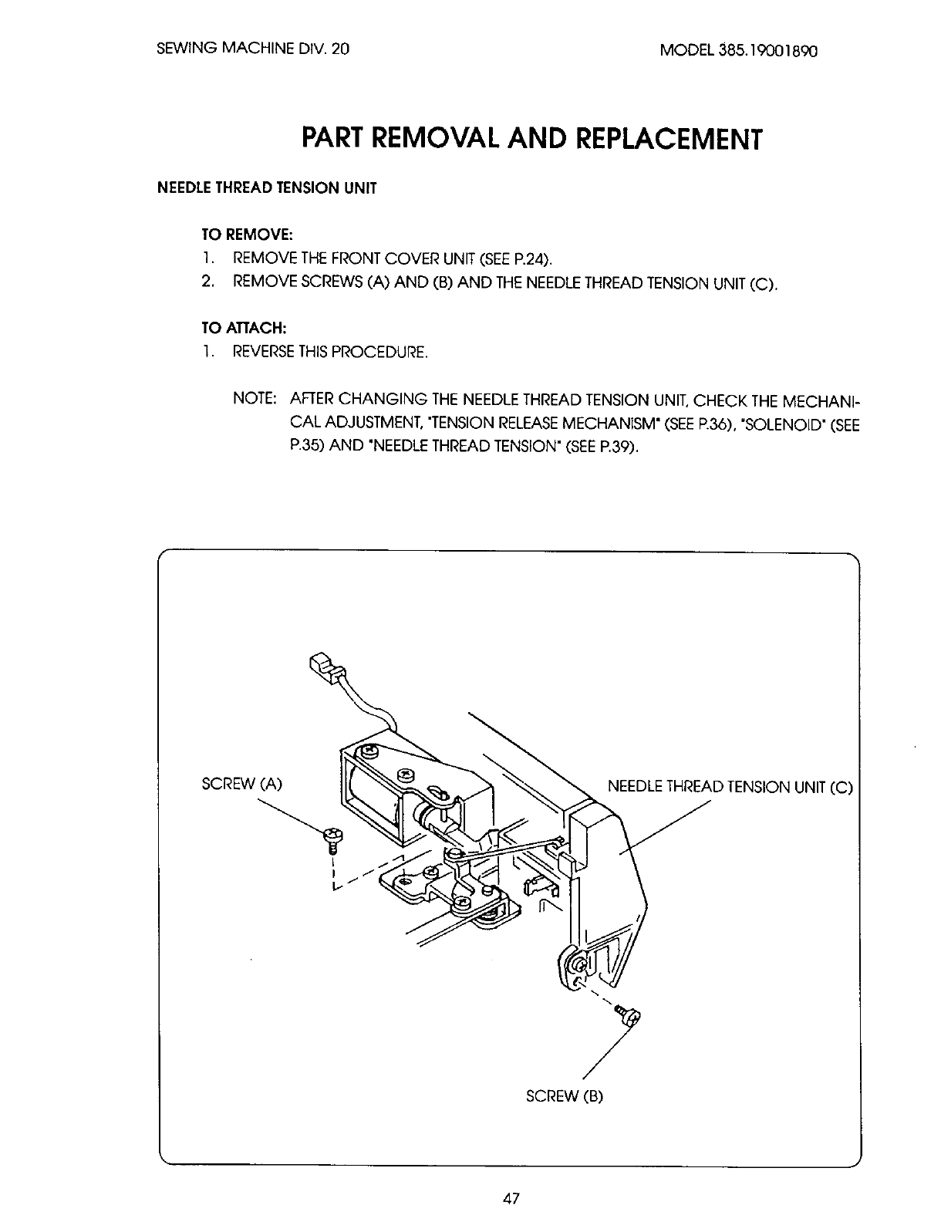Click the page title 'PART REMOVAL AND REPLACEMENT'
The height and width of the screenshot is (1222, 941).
click(x=531, y=140)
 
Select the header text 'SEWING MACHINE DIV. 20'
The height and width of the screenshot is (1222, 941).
click(x=253, y=49)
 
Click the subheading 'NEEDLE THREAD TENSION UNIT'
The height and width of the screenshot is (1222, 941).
click(x=267, y=189)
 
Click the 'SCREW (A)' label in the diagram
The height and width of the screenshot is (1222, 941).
click(x=242, y=785)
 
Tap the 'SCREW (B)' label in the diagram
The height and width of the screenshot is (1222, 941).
click(x=563, y=1095)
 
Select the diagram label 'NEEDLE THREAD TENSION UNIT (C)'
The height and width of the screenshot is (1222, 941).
click(x=730, y=788)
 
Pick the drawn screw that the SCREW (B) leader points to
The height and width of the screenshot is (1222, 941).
click(x=625, y=1014)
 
